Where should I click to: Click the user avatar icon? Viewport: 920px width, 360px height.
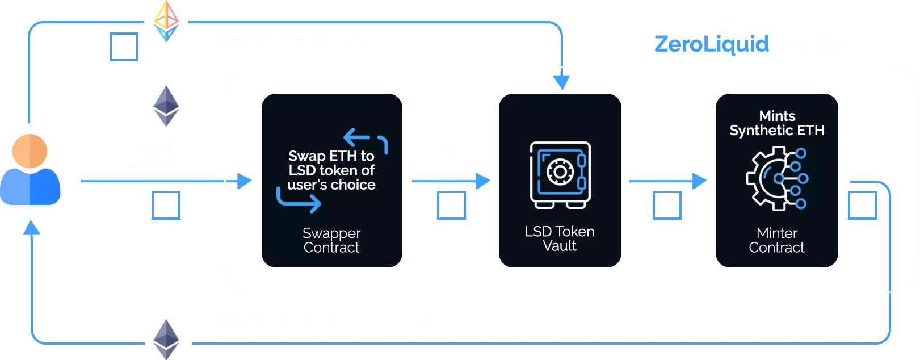tap(31, 170)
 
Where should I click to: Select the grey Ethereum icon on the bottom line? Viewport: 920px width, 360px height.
tap(166, 339)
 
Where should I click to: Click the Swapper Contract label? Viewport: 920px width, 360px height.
tap(331, 240)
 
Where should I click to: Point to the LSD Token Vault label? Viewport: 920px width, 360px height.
tap(559, 238)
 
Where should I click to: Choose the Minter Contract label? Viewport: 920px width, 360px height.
tap(776, 240)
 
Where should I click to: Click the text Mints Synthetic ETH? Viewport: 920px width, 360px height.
tap(776, 123)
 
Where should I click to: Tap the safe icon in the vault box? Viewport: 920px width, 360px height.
tap(560, 174)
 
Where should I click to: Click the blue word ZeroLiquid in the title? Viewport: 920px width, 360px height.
tap(712, 44)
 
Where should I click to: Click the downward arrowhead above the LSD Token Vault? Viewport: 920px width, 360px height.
tap(561, 83)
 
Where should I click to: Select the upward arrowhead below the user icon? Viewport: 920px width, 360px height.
tap(32, 228)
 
